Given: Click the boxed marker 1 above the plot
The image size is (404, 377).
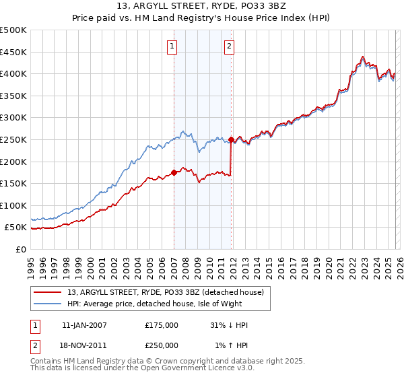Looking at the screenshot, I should [x=172, y=46].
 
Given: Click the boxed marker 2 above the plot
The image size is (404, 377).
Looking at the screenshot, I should [x=230, y=46].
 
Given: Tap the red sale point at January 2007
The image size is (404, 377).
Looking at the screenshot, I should [x=174, y=172].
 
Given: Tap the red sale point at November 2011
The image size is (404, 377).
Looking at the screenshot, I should [x=231, y=140].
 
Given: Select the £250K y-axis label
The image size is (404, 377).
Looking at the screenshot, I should [x=13, y=139].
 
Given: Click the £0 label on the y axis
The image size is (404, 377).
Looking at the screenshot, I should [x=21, y=249].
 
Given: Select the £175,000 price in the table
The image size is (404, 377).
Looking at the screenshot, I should [x=162, y=325].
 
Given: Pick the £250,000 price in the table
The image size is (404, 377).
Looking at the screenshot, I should [x=162, y=345].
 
